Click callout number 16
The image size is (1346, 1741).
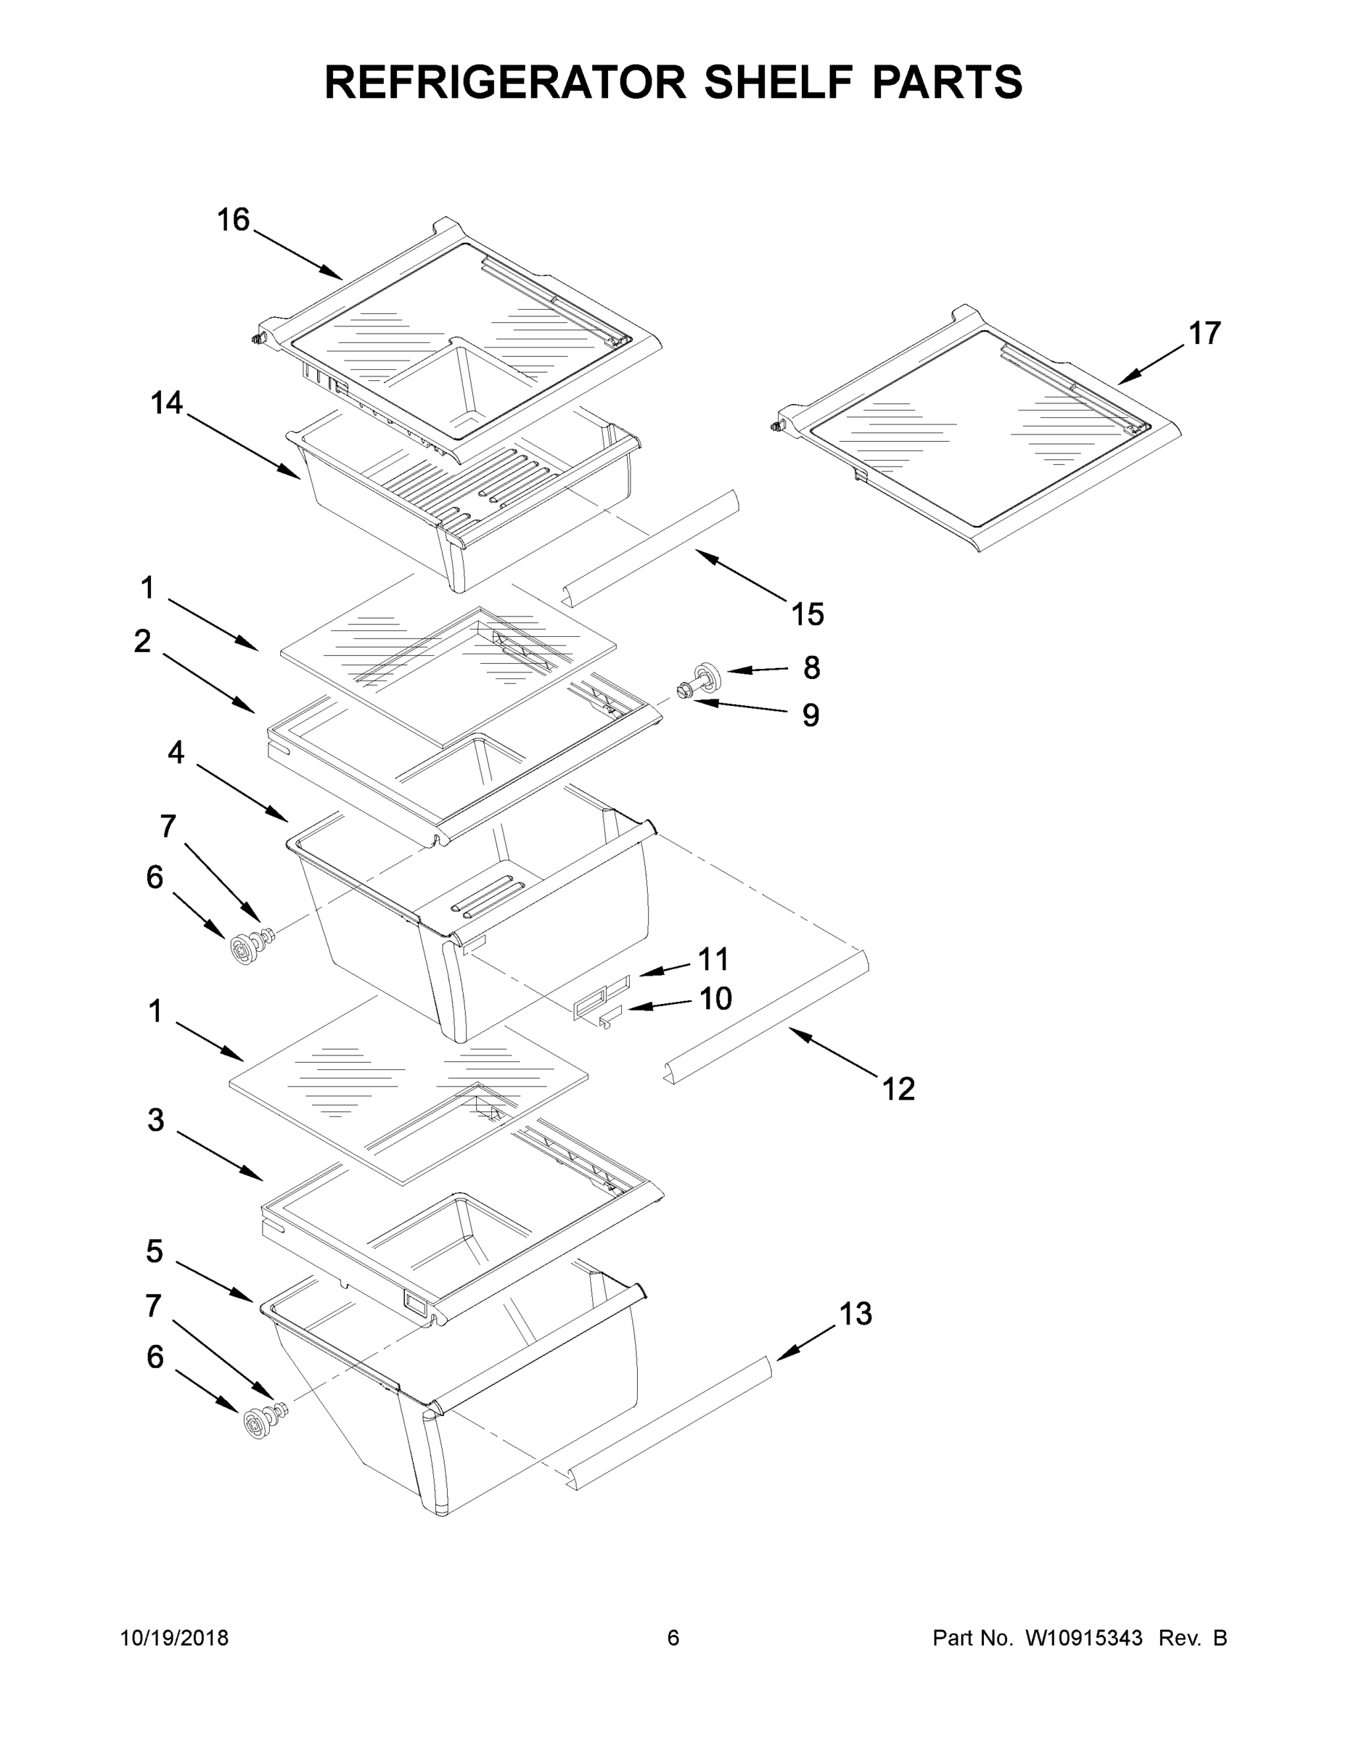(x=233, y=220)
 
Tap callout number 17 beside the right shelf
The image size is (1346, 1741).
(x=1204, y=333)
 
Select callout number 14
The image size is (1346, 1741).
(x=167, y=403)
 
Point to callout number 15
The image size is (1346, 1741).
(x=807, y=614)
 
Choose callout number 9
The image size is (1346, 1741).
(x=811, y=715)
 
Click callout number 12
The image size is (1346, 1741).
(x=898, y=1088)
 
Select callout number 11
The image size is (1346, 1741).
(x=714, y=959)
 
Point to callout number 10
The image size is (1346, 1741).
(x=715, y=998)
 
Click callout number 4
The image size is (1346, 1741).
(x=176, y=752)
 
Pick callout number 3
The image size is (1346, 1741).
(x=155, y=1119)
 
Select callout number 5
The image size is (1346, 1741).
(x=154, y=1251)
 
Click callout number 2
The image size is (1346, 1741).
(x=142, y=641)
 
